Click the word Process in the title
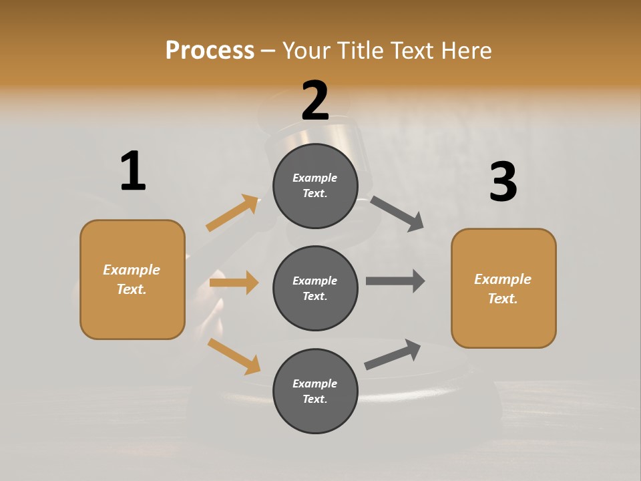coord(210,50)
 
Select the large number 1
coord(133,171)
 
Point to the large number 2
coord(315,101)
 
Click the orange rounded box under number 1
coord(132,279)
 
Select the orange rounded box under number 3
coord(503,289)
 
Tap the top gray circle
coord(315,186)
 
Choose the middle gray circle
coord(315,288)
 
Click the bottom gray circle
coord(315,391)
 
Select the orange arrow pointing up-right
coord(232,213)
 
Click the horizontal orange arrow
coord(234,283)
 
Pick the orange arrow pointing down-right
coord(234,355)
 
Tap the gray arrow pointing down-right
coord(397,213)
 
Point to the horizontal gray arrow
coord(395,281)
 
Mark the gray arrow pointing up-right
coord(393,354)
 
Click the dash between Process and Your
coord(268,51)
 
